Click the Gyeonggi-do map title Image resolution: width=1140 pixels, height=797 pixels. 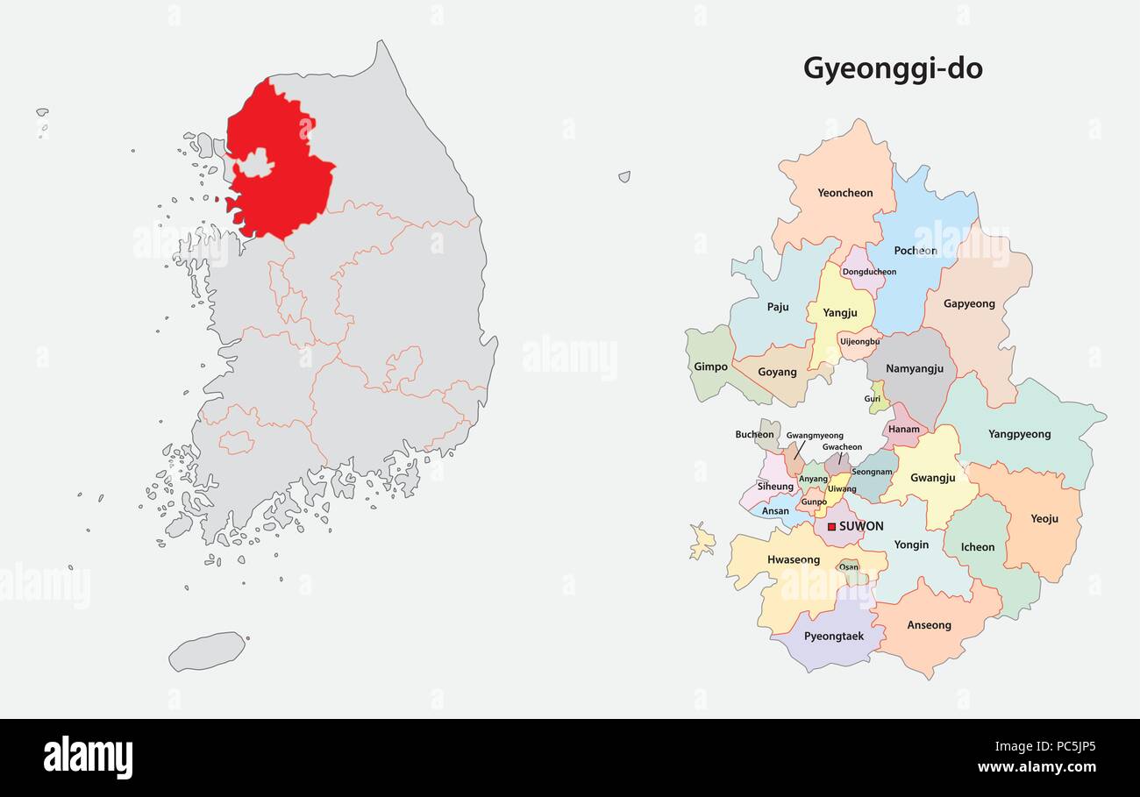[x=893, y=69]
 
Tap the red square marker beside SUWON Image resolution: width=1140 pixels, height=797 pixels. [x=831, y=527]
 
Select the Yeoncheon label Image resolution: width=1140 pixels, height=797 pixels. [x=844, y=193]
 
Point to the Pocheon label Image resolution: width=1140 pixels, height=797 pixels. [x=915, y=251]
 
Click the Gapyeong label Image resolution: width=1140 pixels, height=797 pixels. [x=969, y=304]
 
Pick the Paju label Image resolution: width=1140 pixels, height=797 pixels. [x=777, y=307]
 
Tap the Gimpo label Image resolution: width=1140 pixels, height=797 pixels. [x=710, y=366]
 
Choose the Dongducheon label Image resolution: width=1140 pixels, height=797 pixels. [x=869, y=272]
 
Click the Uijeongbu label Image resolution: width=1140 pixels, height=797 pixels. [x=859, y=341]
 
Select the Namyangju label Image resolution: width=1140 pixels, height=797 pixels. [x=914, y=369]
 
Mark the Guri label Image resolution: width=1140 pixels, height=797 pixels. [x=872, y=399]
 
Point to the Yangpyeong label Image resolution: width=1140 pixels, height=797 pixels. [x=1019, y=434]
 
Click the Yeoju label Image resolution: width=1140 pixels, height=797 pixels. [x=1044, y=519]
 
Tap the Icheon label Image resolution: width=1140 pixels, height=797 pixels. [x=977, y=547]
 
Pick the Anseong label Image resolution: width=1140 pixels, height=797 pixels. [x=929, y=625]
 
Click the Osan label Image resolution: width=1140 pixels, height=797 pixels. [x=849, y=567]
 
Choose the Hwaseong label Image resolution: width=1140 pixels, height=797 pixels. [x=793, y=559]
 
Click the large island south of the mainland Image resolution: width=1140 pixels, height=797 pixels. [x=207, y=651]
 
